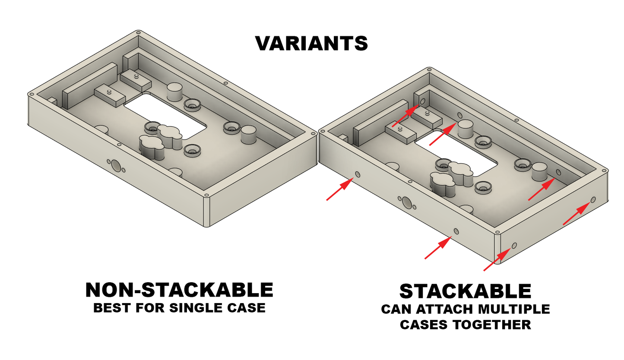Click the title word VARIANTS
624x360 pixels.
coord(311,43)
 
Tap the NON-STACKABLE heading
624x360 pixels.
coord(179,290)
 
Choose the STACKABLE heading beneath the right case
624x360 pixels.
coord(465,291)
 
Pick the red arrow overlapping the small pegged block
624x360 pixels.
coord(405,115)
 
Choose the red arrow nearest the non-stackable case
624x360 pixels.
coord(339,190)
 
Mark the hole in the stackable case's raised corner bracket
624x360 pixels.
coord(422,101)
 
